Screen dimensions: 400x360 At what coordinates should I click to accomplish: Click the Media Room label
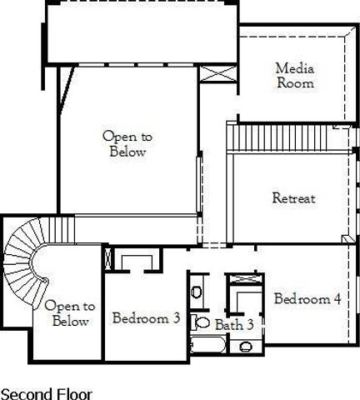(x=295, y=75)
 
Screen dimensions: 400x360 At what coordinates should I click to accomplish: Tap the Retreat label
(x=293, y=198)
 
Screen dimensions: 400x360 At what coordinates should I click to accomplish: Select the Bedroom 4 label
(x=307, y=299)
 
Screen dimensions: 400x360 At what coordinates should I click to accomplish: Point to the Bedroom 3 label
(x=146, y=317)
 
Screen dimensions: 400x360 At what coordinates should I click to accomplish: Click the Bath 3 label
(x=234, y=324)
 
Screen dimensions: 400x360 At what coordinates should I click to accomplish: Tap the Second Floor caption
(x=47, y=393)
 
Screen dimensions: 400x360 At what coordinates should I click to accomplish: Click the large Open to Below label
(x=127, y=143)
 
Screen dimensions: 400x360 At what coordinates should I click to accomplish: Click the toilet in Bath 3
(x=202, y=322)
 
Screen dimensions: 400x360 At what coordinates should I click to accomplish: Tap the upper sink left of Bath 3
(x=196, y=292)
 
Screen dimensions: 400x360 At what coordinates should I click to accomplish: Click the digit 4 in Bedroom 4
(x=336, y=299)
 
